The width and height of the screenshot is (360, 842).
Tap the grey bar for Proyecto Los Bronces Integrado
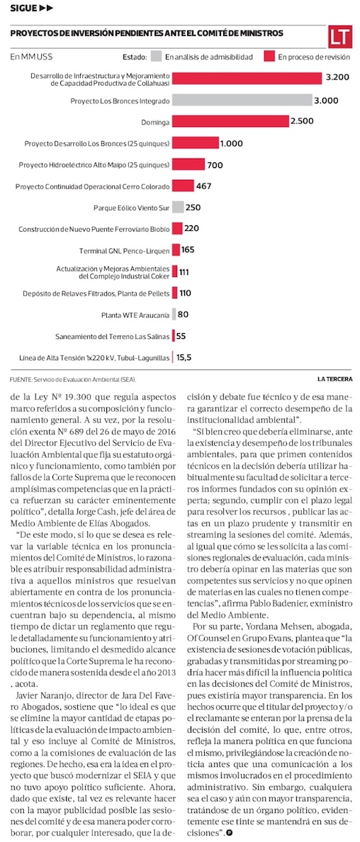(242, 101)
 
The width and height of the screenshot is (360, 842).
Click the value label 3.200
(338, 78)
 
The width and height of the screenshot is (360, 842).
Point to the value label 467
(204, 186)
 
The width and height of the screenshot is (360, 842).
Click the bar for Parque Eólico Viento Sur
(178, 207)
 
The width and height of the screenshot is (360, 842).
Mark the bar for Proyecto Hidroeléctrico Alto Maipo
(188, 164)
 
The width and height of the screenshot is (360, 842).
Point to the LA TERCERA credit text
(334, 380)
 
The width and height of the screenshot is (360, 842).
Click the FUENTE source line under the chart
(73, 380)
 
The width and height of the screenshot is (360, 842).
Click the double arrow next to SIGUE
(47, 9)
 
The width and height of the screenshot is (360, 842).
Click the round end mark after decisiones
(229, 833)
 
